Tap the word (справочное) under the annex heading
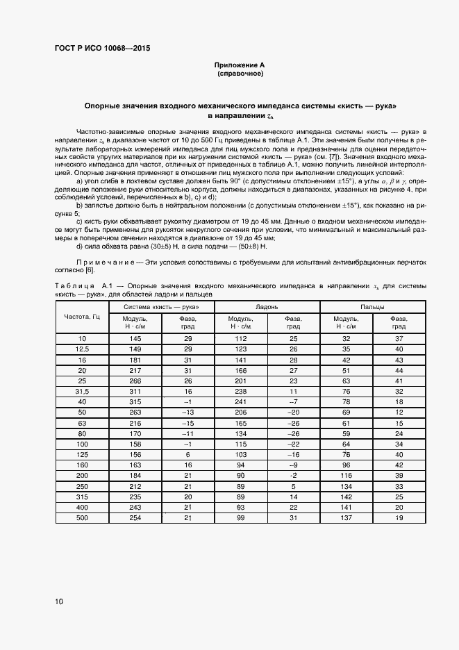[240, 73]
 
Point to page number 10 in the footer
[58, 601]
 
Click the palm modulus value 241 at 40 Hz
[241, 401]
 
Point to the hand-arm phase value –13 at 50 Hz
[187, 412]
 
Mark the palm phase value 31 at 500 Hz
[293, 517]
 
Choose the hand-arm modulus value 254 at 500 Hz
[135, 517]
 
